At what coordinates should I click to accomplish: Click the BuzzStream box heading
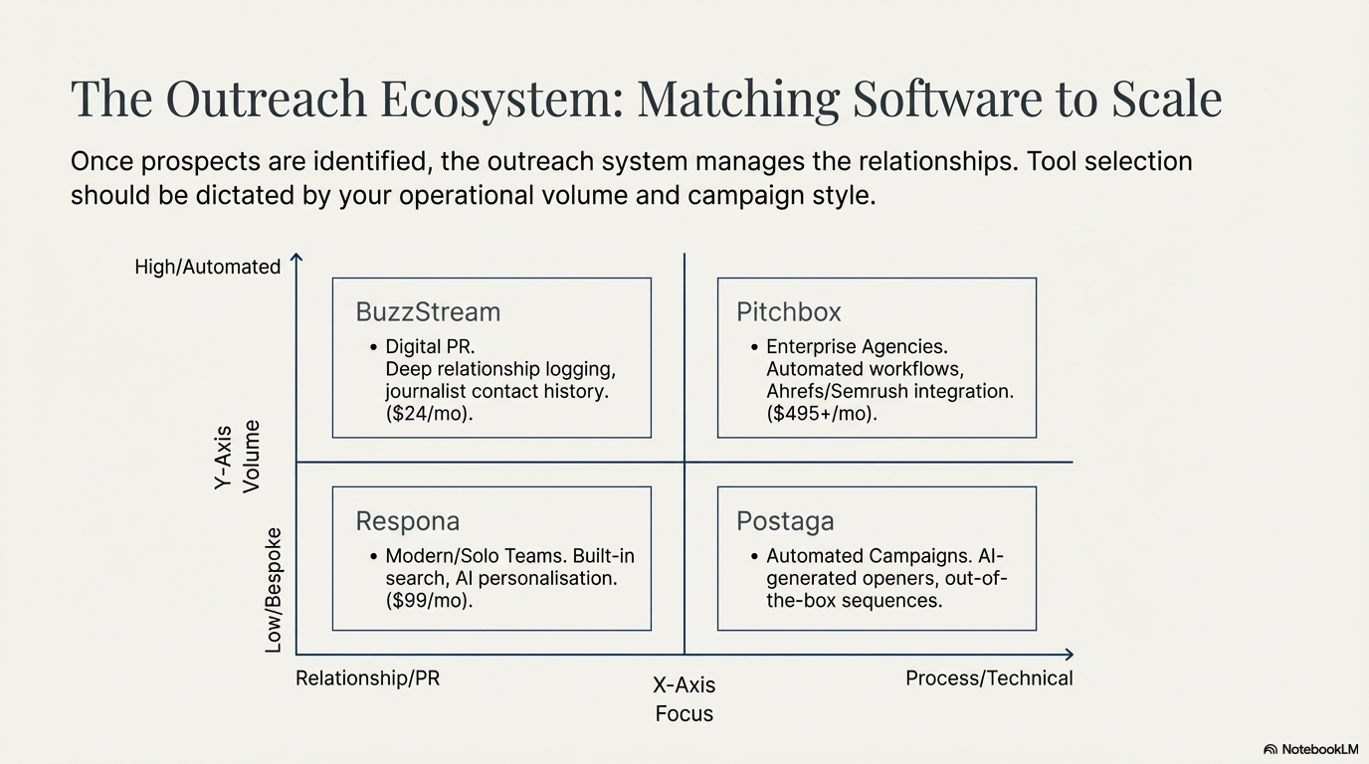click(x=428, y=312)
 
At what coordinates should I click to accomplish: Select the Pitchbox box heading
click(x=789, y=312)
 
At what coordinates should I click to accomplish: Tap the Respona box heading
click(x=408, y=521)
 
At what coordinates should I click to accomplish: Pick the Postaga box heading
click(x=785, y=521)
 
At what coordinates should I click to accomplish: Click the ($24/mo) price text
click(x=429, y=414)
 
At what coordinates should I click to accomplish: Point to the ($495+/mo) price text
click(x=822, y=414)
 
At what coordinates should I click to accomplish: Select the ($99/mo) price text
click(x=429, y=601)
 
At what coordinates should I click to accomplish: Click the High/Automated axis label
click(x=208, y=267)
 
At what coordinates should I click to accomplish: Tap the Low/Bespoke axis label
click(x=274, y=590)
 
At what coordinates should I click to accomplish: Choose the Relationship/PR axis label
click(x=367, y=678)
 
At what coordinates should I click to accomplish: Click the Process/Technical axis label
click(x=989, y=678)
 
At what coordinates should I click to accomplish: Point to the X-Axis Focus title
click(x=684, y=698)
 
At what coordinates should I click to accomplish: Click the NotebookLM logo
click(x=1310, y=749)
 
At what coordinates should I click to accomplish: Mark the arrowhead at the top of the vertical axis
click(x=296, y=259)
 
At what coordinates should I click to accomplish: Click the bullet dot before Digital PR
click(x=373, y=347)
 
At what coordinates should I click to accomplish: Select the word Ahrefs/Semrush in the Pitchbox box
click(x=824, y=392)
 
